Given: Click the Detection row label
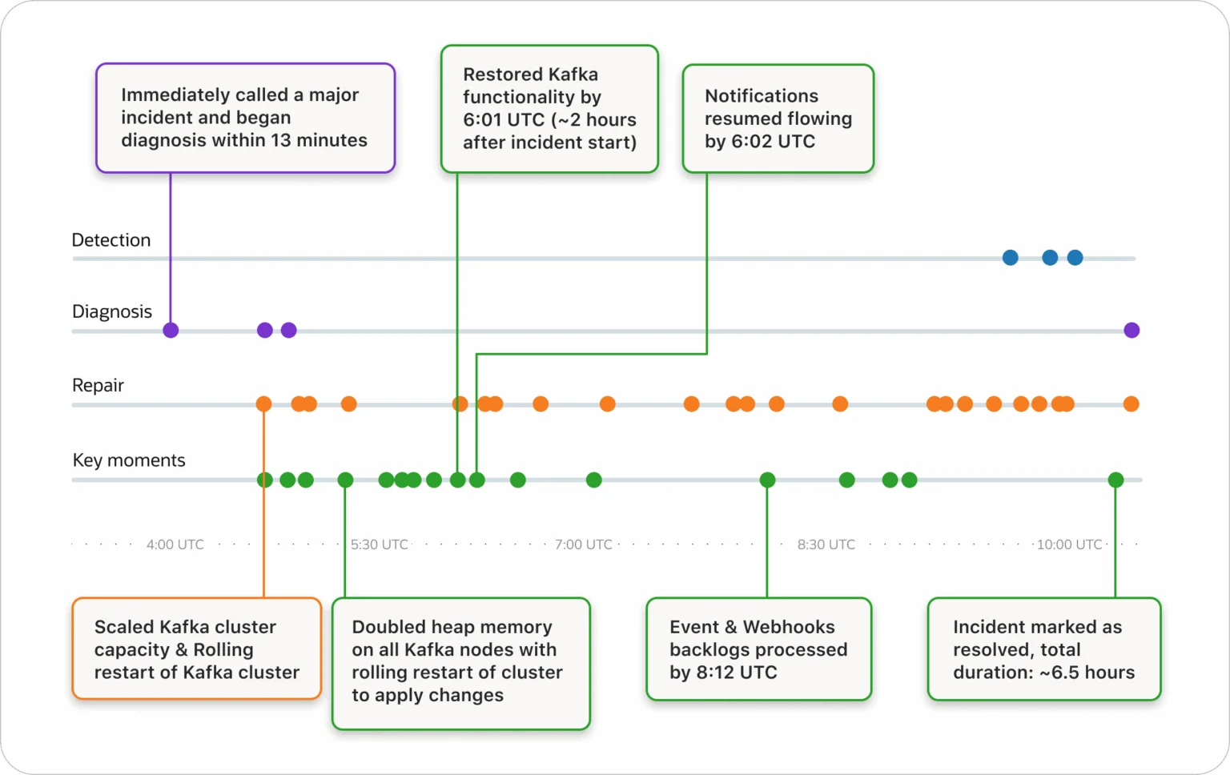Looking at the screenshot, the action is [x=111, y=240].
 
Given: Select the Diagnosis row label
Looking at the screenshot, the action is [x=112, y=311].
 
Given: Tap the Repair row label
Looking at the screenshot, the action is [x=98, y=385].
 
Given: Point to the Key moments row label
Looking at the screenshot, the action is [x=129, y=460].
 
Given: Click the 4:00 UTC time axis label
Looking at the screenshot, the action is [x=175, y=544].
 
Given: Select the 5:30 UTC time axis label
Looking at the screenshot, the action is [x=380, y=544].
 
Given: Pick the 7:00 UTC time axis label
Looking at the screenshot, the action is [x=583, y=544].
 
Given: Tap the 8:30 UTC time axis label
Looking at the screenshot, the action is [x=826, y=544].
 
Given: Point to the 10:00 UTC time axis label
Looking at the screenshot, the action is [x=1069, y=544].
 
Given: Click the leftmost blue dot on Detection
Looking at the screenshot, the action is [x=1011, y=258].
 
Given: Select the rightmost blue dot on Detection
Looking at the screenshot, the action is [x=1075, y=258].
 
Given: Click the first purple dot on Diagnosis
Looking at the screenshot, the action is [x=171, y=331].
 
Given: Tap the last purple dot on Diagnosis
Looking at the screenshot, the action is [x=1132, y=331].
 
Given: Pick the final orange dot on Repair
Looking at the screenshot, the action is [x=1132, y=404].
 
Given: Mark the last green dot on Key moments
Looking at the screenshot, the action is [x=1115, y=480].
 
